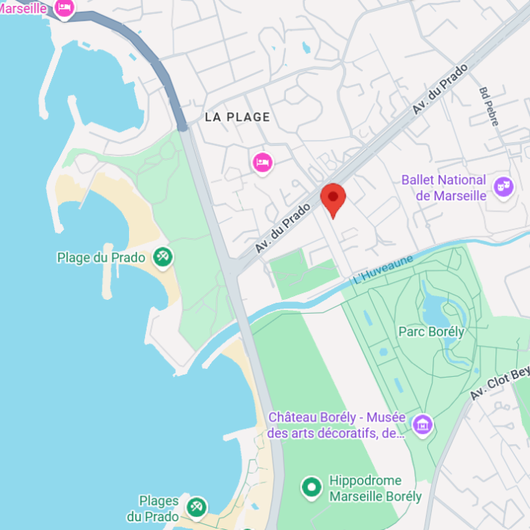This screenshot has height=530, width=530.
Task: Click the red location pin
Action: (333, 199)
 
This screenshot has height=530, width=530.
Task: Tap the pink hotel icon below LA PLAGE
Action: (262, 162)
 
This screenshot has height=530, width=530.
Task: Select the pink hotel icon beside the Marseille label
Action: (65, 8)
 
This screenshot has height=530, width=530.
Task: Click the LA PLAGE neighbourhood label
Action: (237, 117)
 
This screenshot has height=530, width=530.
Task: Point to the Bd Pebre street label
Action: (488, 107)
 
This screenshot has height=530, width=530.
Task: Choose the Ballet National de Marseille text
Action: (443, 188)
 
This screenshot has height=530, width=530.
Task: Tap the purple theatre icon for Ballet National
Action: (503, 186)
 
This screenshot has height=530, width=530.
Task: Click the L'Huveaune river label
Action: (383, 269)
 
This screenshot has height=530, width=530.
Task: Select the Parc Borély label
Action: (431, 331)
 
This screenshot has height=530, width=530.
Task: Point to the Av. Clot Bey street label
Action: (498, 383)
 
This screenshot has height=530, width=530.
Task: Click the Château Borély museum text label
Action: (336, 424)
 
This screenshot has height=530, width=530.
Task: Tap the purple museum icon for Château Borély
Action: (422, 424)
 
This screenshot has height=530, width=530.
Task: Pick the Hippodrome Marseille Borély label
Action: (375, 488)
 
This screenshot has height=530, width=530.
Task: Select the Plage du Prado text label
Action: (101, 257)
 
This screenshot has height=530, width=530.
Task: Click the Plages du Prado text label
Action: (158, 509)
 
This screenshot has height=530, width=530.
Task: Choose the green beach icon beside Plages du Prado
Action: (196, 507)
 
